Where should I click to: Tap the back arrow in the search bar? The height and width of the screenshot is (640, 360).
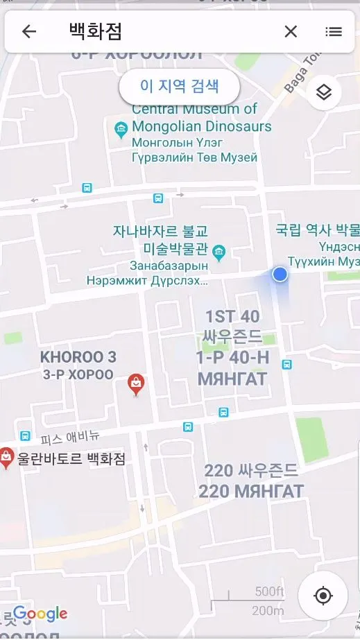(x=29, y=31)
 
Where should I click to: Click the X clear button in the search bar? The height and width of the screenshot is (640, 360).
(x=291, y=31)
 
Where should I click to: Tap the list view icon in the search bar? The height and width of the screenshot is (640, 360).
(x=334, y=31)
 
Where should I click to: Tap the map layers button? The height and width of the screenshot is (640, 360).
(x=323, y=93)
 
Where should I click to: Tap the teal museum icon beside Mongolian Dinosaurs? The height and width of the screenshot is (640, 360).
(x=121, y=128)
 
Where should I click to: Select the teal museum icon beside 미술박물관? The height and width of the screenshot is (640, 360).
(x=219, y=250)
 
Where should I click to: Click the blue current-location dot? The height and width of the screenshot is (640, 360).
(x=280, y=275)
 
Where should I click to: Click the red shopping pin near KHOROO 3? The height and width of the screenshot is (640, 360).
(x=137, y=383)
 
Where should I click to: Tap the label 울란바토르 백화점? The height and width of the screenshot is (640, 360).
(x=71, y=458)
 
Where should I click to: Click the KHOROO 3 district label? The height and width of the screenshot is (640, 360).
(x=78, y=358)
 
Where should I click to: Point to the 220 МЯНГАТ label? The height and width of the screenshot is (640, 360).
(x=251, y=492)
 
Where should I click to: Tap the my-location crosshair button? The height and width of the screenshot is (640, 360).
(x=323, y=596)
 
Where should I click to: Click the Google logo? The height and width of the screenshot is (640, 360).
(x=40, y=614)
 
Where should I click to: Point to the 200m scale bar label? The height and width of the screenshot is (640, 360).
(x=268, y=611)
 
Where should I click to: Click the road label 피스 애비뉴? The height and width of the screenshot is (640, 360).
(x=70, y=438)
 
